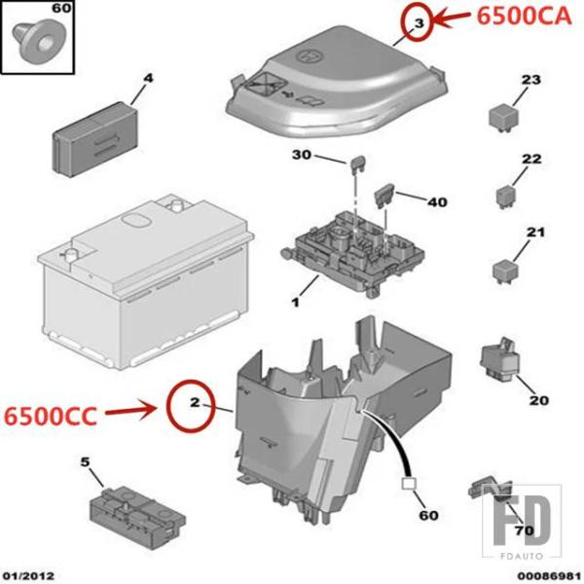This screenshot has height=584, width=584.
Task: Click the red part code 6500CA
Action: point(524,17)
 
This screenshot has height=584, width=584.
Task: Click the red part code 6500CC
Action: point(51,416)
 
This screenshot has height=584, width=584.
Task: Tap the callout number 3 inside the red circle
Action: point(420,23)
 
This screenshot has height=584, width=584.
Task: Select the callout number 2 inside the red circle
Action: point(195,402)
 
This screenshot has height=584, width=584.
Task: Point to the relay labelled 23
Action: point(501,118)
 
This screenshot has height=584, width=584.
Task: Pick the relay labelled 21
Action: point(505,272)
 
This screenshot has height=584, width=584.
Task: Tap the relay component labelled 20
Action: point(499,360)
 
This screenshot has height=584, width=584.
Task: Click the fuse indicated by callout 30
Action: point(358,164)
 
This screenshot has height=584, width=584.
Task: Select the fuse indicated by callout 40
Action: point(383,196)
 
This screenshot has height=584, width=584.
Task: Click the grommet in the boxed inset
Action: point(37,42)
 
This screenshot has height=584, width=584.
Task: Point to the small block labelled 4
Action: point(95,139)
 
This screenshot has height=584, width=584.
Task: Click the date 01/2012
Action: point(28,575)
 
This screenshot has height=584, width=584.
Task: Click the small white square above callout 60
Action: point(409,484)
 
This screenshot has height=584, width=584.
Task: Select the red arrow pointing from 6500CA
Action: point(453,18)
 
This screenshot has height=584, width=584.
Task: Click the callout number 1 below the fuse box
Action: point(295,303)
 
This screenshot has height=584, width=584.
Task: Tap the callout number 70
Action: point(524,530)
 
